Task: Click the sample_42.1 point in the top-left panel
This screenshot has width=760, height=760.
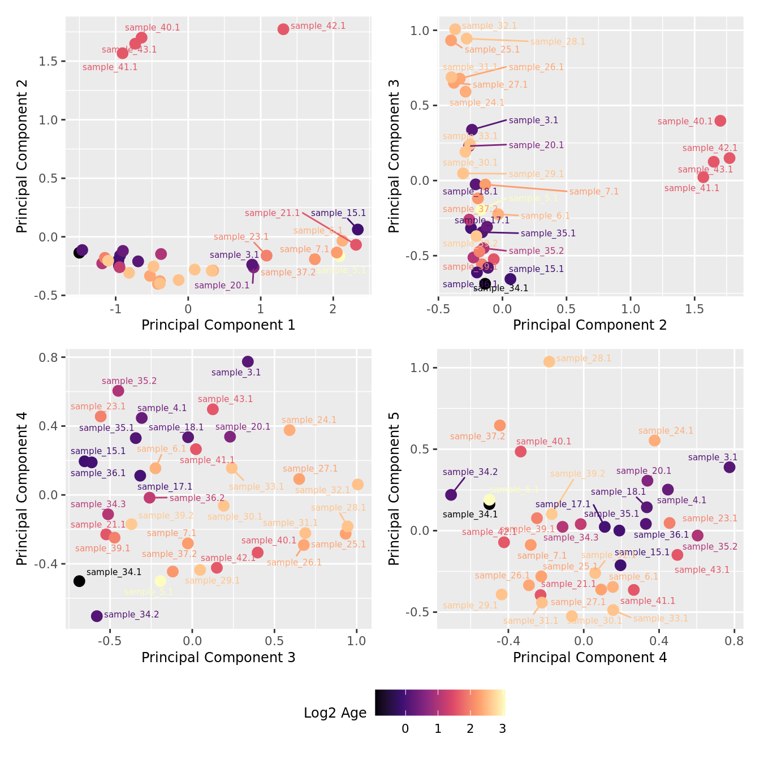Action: coord(283,29)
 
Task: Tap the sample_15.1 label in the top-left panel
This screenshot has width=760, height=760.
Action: coord(338,213)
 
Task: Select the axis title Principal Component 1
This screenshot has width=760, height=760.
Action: coord(218,325)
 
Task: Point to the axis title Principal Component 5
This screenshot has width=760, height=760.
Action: coord(394,488)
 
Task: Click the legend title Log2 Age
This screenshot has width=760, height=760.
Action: coord(335,713)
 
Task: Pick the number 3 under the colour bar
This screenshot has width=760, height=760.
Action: coord(502,729)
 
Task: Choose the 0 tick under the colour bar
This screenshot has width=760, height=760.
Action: coord(405,729)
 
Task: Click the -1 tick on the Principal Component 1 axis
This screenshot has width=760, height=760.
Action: coord(115,309)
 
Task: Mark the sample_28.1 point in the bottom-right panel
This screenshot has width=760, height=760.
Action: coord(549,361)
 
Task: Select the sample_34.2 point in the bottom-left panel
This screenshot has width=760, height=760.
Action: coord(97,616)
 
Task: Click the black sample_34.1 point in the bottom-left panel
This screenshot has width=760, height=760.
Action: coord(79,581)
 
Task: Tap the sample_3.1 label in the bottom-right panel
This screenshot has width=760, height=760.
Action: coord(712,457)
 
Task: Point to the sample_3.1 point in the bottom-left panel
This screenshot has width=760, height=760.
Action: coord(248,362)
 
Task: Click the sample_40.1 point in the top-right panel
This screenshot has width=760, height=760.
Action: coord(720,120)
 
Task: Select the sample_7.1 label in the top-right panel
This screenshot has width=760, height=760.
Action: coord(594,192)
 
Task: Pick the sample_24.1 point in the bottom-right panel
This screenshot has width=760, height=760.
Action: coord(654,441)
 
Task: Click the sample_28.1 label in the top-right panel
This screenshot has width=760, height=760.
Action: coord(558,42)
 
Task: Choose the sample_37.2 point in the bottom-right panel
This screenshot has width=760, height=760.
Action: coord(500,425)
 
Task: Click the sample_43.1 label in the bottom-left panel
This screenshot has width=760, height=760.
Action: coord(225,399)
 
